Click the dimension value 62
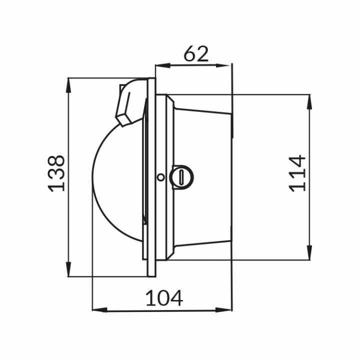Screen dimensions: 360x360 196,54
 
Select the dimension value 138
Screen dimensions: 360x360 56,173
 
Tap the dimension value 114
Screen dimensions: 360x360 297,173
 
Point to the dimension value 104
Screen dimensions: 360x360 164,298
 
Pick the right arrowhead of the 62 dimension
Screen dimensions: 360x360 222,65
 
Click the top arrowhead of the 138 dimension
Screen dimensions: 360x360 68,85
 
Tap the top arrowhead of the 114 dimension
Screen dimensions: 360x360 309,101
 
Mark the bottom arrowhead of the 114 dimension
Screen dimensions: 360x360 309,252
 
